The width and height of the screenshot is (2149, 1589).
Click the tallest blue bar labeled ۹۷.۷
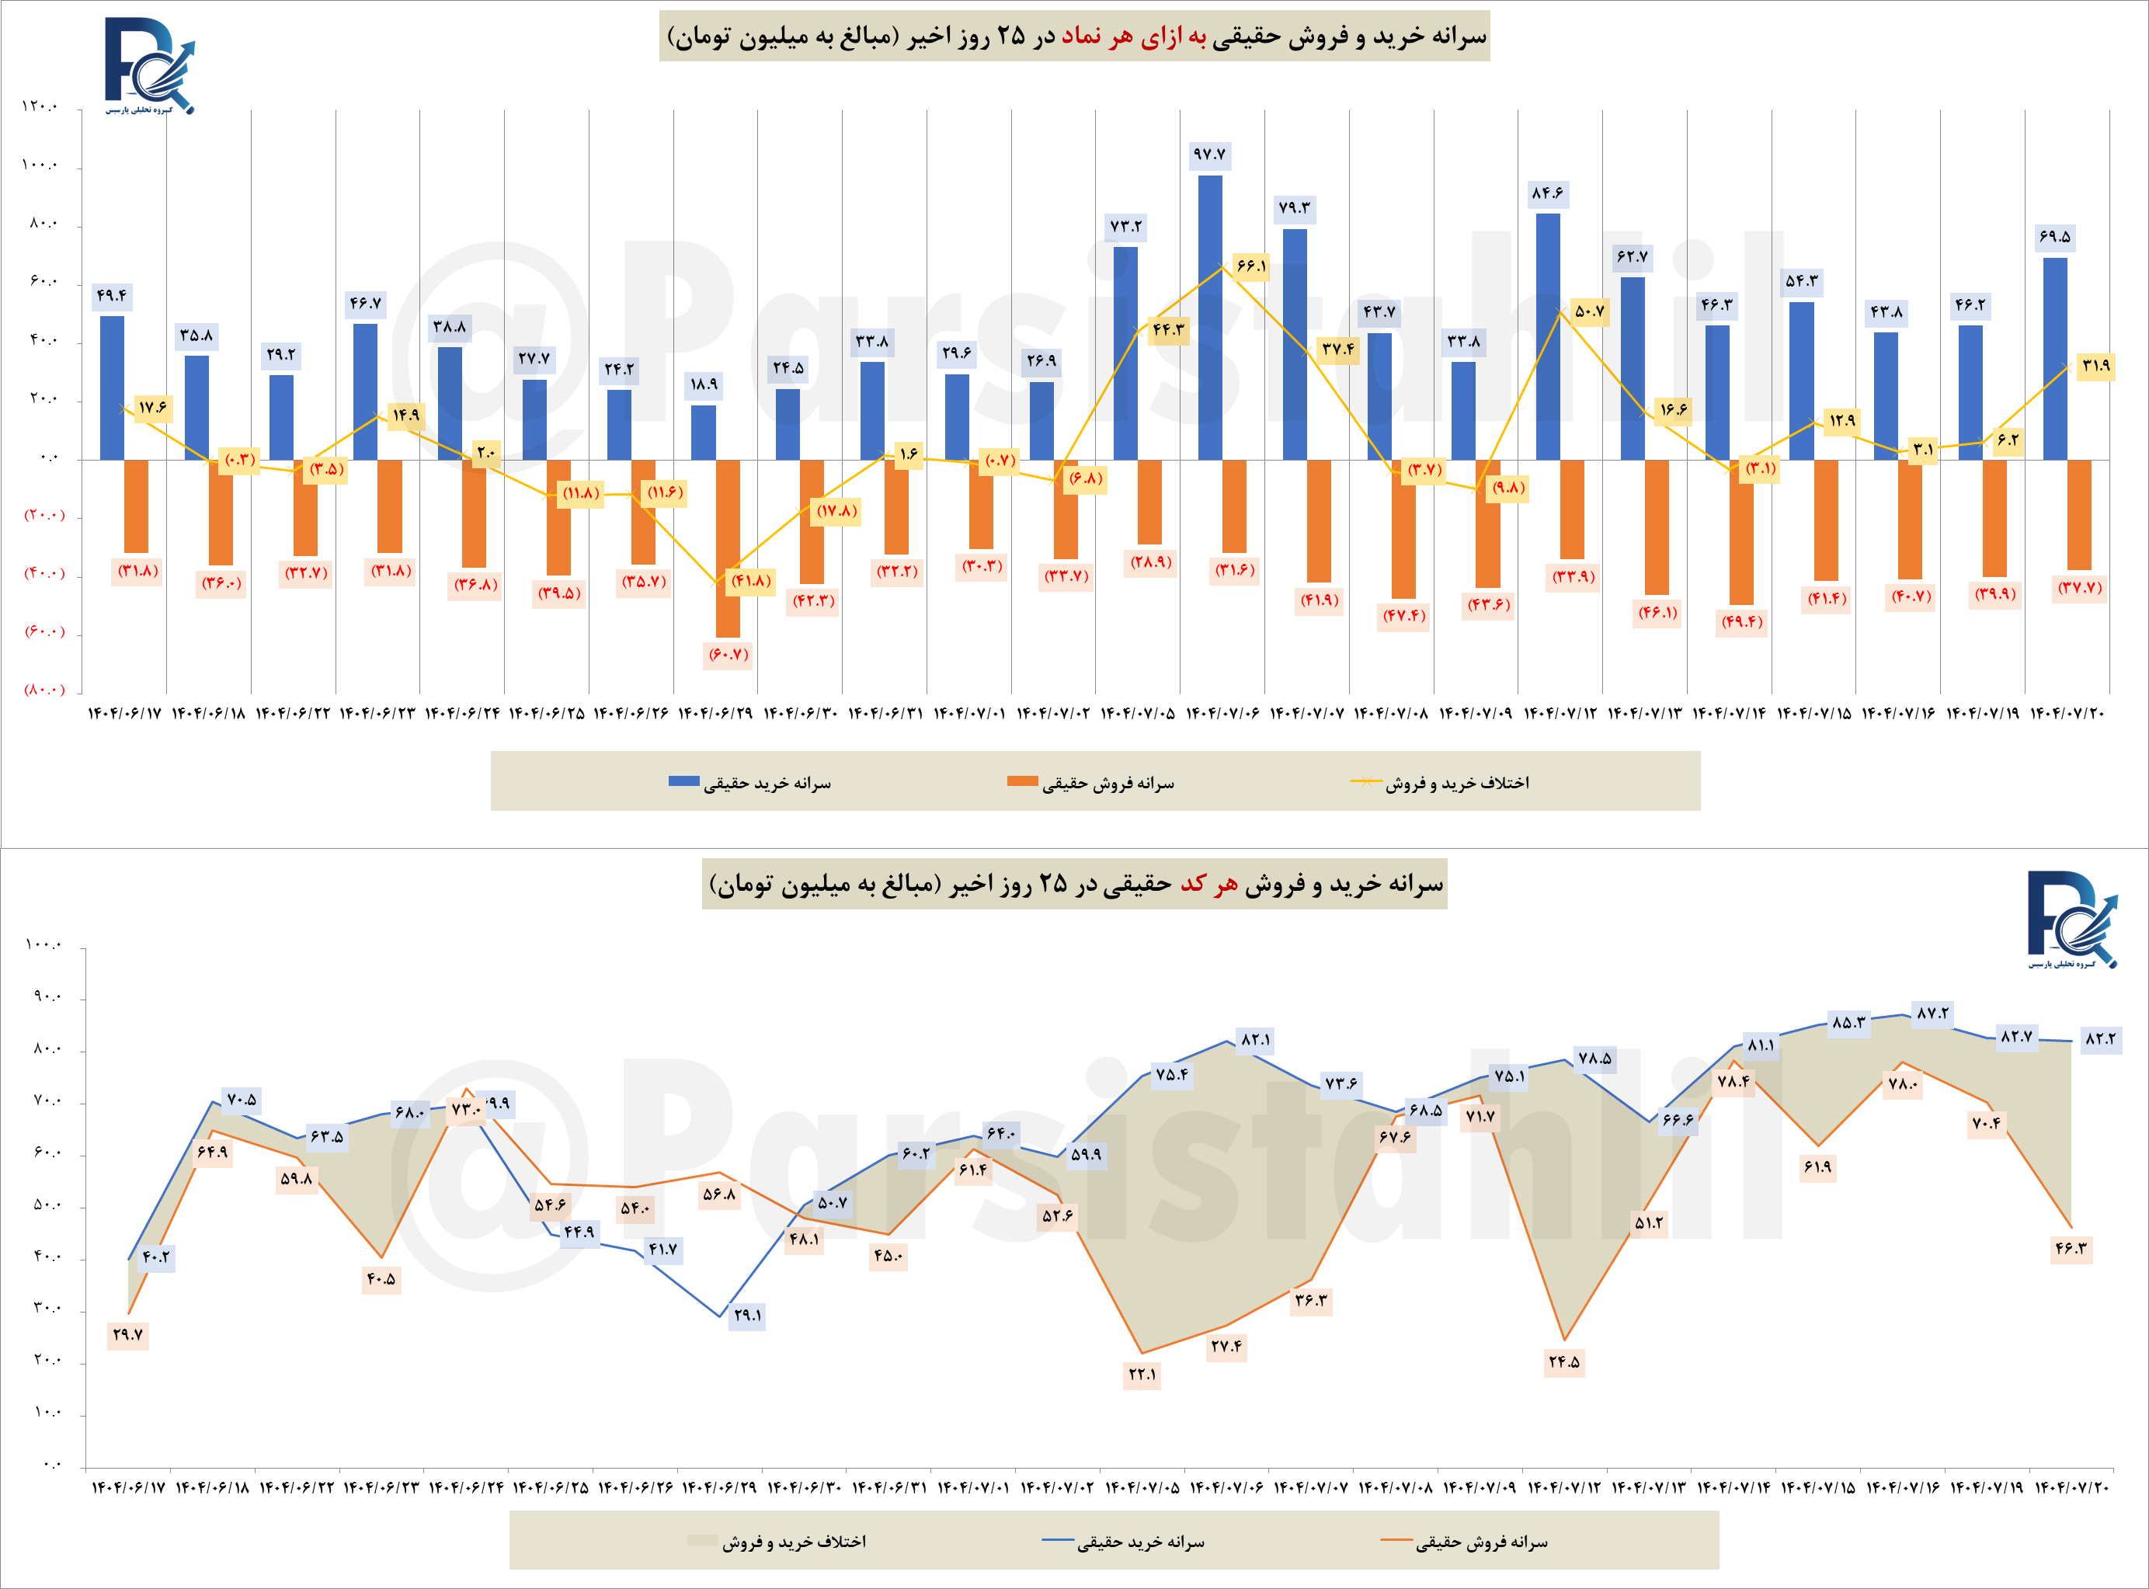pyautogui.click(x=1210, y=318)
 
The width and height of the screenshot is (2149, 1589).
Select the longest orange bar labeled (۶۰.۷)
pyautogui.click(x=727, y=548)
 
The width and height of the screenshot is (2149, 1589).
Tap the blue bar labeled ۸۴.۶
pyautogui.click(x=1548, y=336)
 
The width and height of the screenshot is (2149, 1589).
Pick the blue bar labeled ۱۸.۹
pyautogui.click(x=703, y=433)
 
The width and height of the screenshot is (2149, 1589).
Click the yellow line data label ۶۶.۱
pyautogui.click(x=1250, y=266)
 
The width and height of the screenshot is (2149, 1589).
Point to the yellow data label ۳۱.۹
pyautogui.click(x=2095, y=366)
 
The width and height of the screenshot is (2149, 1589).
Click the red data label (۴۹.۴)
pyautogui.click(x=1742, y=622)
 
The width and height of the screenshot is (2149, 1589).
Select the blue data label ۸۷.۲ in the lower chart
pyautogui.click(x=1932, y=1014)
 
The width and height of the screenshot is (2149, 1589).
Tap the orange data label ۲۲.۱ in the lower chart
pyautogui.click(x=1142, y=1375)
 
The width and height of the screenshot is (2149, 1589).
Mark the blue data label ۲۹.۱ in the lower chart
pyautogui.click(x=747, y=1315)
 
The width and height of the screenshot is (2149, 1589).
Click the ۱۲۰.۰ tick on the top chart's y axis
pyautogui.click(x=40, y=106)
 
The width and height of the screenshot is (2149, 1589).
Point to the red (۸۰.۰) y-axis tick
pyautogui.click(x=44, y=690)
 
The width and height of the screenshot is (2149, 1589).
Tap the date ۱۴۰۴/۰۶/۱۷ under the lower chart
pyautogui.click(x=128, y=1488)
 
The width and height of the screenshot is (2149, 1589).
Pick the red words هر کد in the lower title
pyautogui.click(x=1208, y=884)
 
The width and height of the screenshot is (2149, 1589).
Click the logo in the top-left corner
pyautogui.click(x=149, y=65)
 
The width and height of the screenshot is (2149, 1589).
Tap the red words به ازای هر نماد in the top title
pyautogui.click(x=1128, y=37)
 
